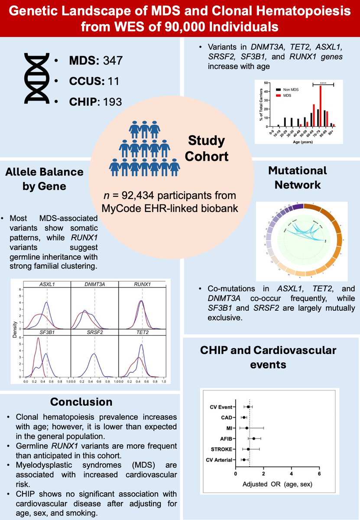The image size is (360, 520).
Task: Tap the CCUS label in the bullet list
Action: click(x=83, y=81)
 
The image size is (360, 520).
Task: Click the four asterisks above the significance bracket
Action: click(x=323, y=81)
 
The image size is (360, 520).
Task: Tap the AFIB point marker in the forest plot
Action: click(x=253, y=439)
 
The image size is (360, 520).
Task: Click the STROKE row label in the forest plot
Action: click(x=221, y=449)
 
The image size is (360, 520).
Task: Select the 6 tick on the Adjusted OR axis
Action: click(x=319, y=474)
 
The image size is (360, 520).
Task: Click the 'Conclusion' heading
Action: click(x=81, y=402)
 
